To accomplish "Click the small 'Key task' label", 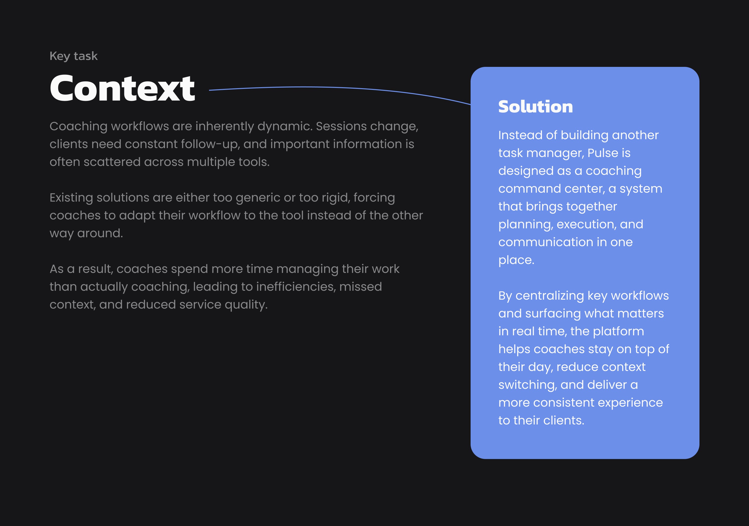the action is pos(73,56).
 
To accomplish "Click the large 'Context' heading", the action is pos(122,88).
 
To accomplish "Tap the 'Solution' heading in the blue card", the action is pos(535,107).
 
